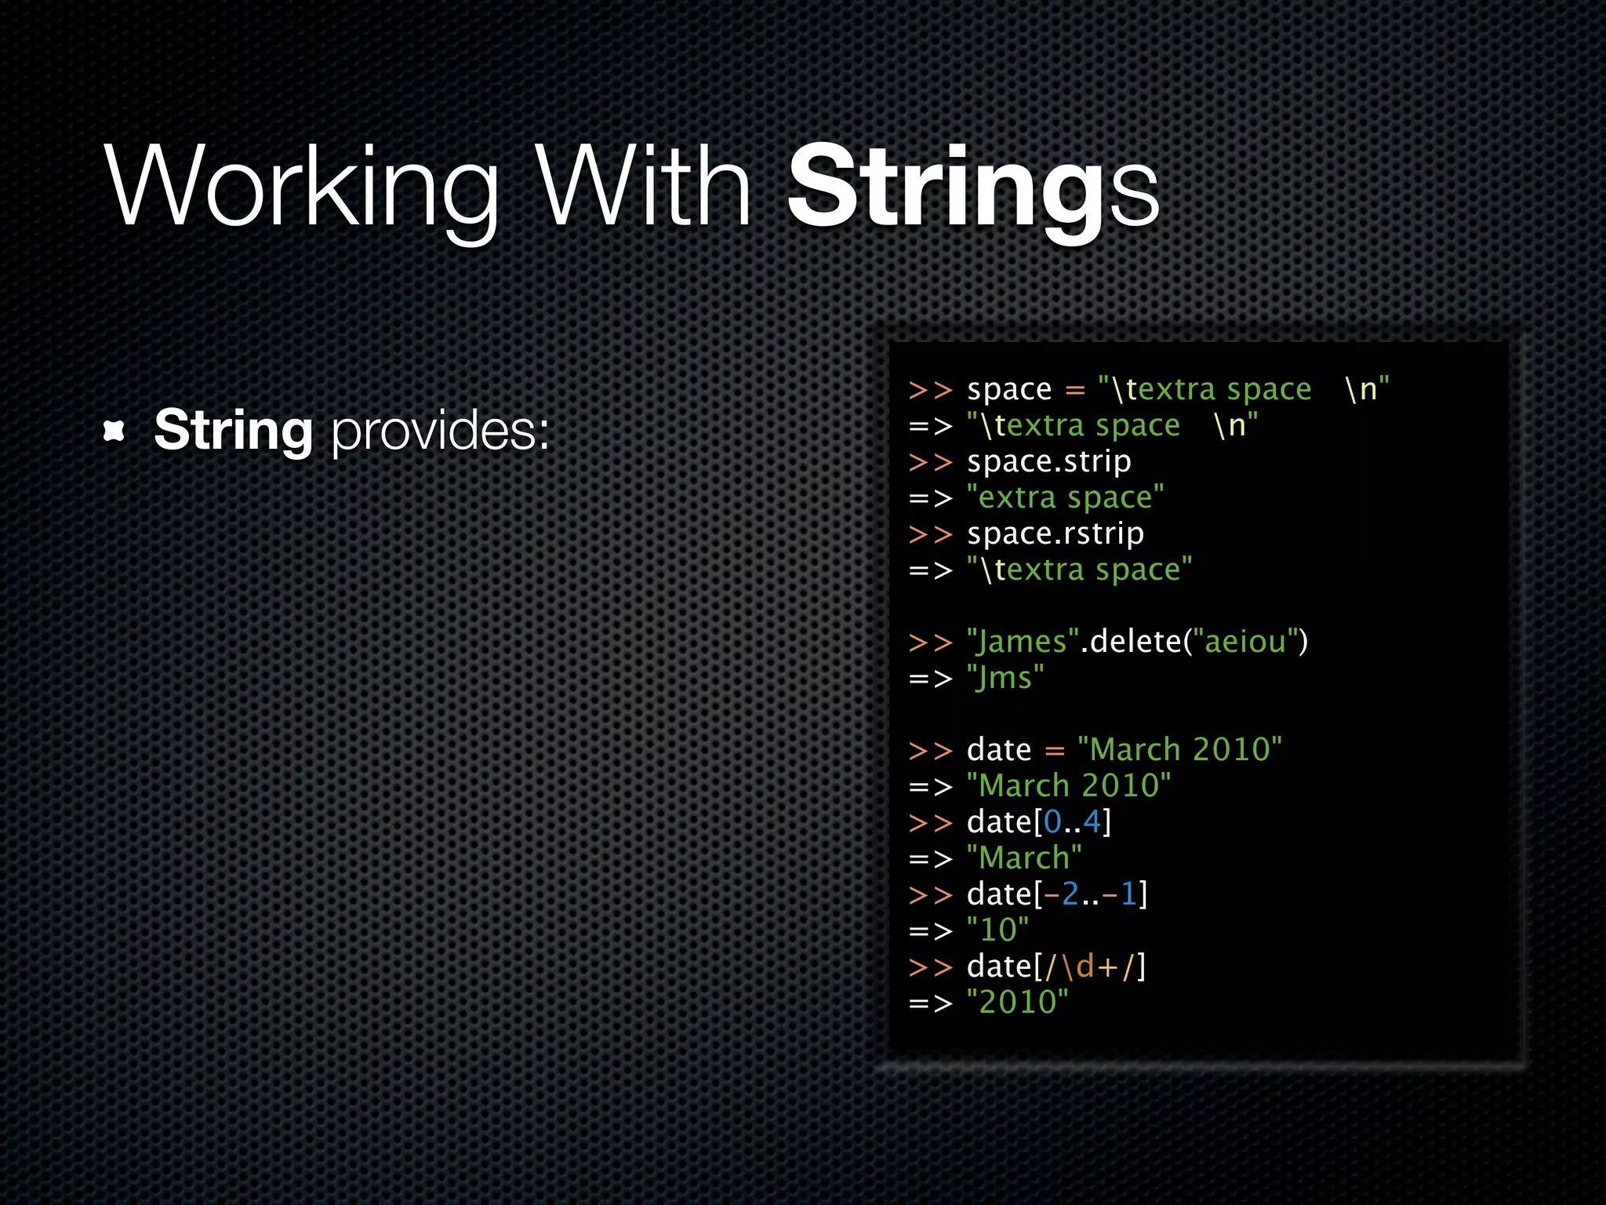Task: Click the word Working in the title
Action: coord(302,188)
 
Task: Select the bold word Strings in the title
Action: coord(972,188)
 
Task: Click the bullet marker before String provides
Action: coord(114,431)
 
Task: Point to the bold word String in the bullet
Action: coord(234,431)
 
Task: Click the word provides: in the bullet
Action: coord(440,431)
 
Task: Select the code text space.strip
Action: coord(1048,461)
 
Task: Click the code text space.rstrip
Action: coord(1055,533)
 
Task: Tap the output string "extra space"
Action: coord(1065,497)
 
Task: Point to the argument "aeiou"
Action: coord(1245,642)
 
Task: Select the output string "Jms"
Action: coord(1005,678)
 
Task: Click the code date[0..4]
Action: coord(1039,822)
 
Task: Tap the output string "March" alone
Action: coord(1024,858)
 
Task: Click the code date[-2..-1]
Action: coord(1057,894)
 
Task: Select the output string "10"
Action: coord(997,930)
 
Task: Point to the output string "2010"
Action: coord(1017,1003)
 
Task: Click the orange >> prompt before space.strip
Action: coord(930,462)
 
